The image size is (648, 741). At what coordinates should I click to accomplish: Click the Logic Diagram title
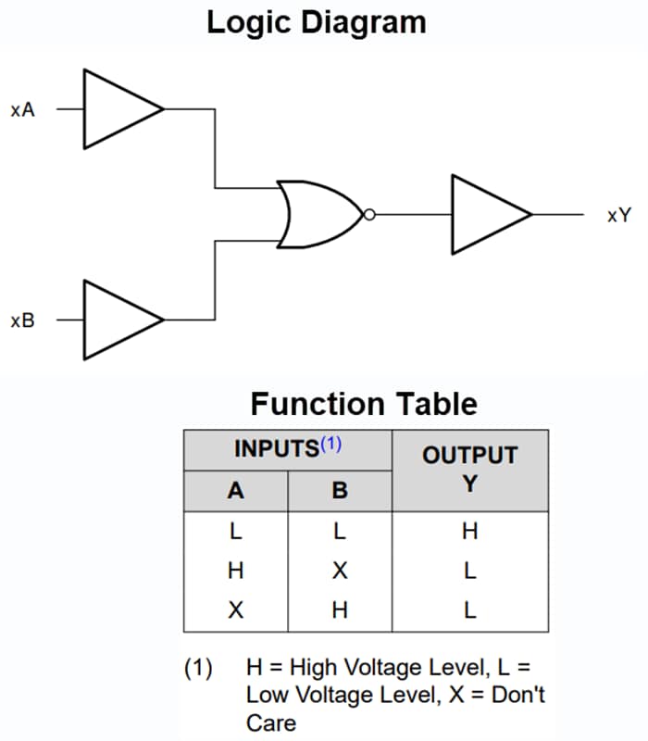(x=317, y=21)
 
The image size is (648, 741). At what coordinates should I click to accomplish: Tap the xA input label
(x=23, y=110)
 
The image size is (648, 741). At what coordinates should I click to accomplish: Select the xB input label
(x=23, y=321)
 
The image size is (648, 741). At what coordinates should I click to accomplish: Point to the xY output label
(x=618, y=216)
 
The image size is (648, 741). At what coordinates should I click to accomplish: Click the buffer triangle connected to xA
(x=118, y=109)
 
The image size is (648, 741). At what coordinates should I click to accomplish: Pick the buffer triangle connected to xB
(x=118, y=320)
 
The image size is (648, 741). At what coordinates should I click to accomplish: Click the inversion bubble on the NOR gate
(x=369, y=215)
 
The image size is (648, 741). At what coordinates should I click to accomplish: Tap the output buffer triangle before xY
(x=486, y=215)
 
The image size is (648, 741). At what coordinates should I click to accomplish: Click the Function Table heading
(x=364, y=404)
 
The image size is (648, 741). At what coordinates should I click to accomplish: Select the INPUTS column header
(x=276, y=449)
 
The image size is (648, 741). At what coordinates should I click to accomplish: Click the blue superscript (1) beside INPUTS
(x=330, y=445)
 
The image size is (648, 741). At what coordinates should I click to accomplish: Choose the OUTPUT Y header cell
(x=469, y=469)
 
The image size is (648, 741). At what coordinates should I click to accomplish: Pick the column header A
(x=236, y=491)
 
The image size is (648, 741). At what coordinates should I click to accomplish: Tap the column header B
(x=340, y=491)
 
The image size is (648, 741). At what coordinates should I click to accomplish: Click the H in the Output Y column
(x=469, y=532)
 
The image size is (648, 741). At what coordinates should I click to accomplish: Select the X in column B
(x=340, y=571)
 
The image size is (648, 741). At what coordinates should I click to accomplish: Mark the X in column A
(x=236, y=611)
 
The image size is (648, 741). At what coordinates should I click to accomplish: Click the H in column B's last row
(x=340, y=611)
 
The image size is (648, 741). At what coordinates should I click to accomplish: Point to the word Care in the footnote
(x=270, y=722)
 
